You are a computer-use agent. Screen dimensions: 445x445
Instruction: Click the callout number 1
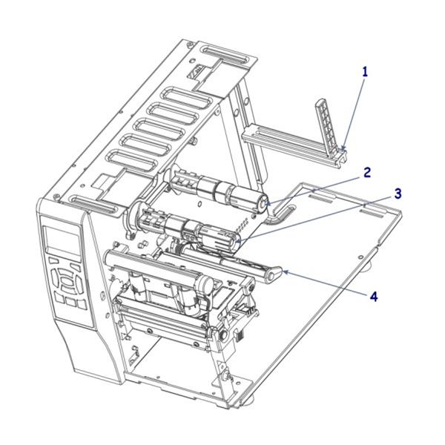[364, 72]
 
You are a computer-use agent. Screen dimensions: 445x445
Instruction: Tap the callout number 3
[398, 194]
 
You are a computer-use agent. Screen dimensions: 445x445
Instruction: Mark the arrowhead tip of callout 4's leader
[283, 274]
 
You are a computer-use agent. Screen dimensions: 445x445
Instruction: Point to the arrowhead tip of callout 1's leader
[343, 151]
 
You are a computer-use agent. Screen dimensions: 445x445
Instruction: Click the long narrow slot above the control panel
[90, 202]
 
